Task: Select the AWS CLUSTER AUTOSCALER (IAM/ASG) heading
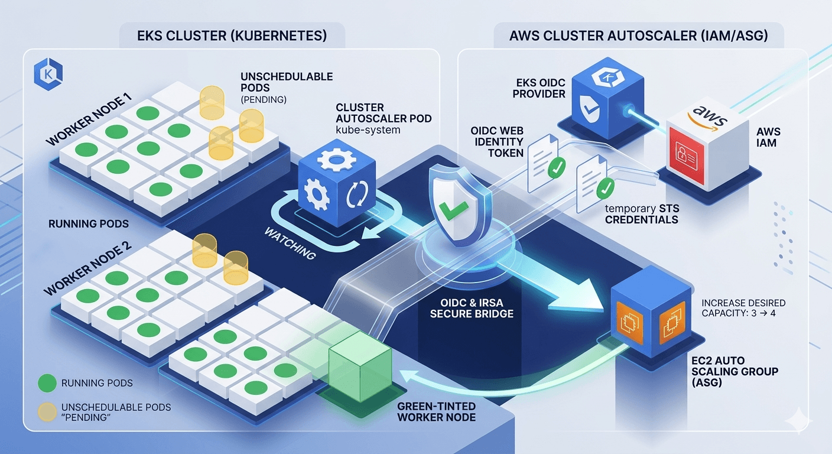(638, 35)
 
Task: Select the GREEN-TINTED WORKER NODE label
(436, 412)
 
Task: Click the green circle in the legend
(45, 383)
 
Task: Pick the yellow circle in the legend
(45, 408)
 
